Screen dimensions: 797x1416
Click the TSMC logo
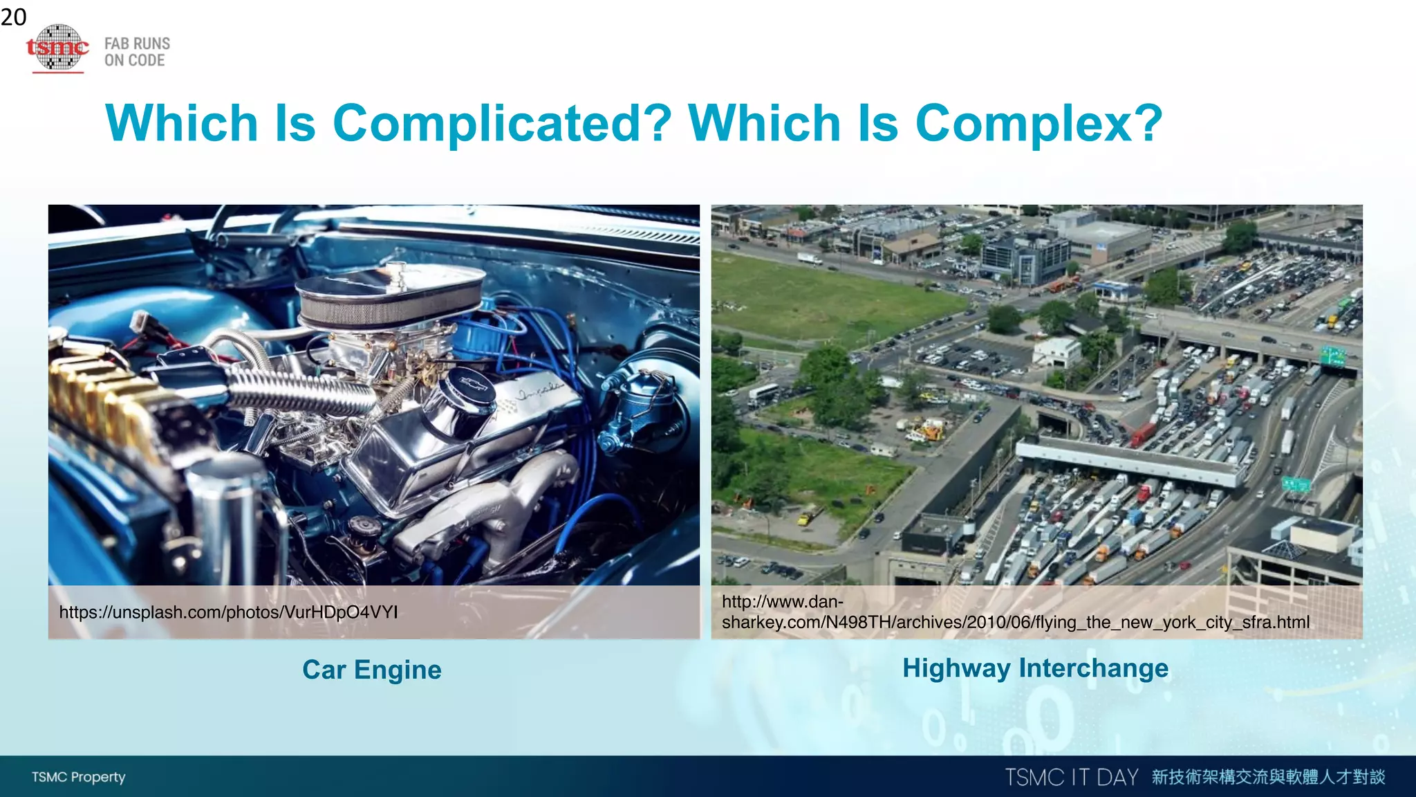(58, 48)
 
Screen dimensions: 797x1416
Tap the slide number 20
(13, 17)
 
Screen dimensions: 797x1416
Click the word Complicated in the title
(502, 123)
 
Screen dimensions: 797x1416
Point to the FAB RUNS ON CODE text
(137, 52)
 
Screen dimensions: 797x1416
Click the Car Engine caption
(372, 670)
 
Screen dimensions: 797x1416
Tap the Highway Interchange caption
(1035, 668)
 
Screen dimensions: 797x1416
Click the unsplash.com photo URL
(228, 612)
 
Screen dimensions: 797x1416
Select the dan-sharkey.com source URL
(1015, 612)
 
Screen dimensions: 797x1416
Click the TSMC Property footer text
(78, 777)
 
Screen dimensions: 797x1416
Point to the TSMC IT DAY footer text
(1071, 777)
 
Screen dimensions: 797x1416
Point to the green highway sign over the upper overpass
(1332, 357)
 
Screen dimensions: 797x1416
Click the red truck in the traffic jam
(1142, 434)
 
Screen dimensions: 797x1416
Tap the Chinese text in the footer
(1269, 777)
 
